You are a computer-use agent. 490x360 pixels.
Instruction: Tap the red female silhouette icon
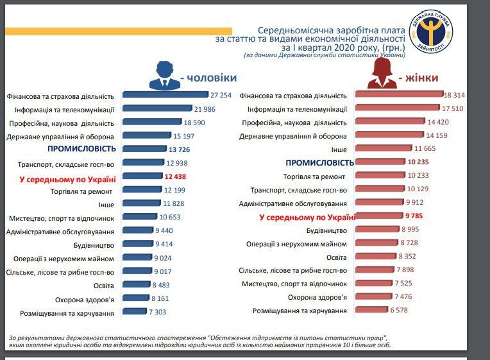coord(381,76)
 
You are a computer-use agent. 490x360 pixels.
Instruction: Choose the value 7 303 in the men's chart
coord(161,313)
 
